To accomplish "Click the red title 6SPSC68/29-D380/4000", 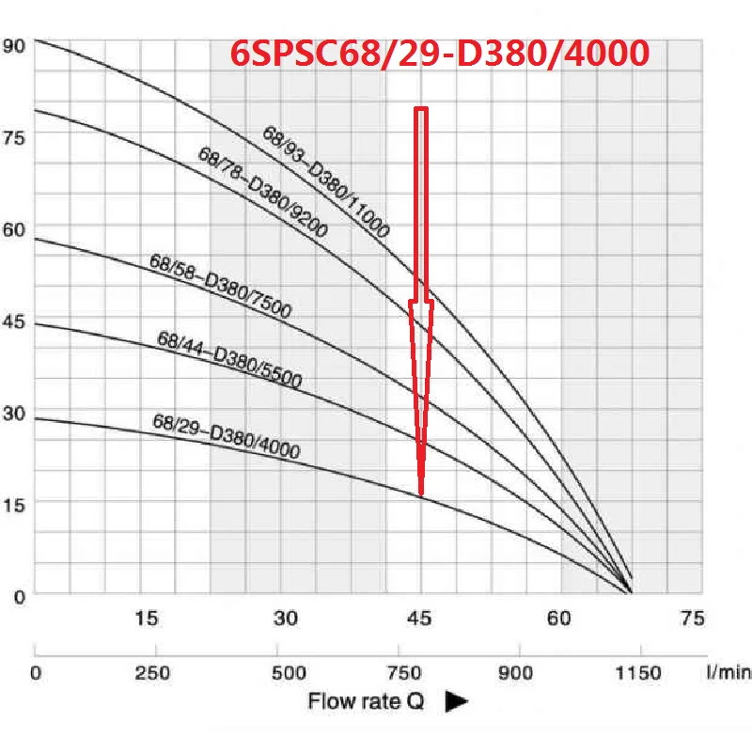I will click(440, 53).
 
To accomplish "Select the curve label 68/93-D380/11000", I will click(326, 180).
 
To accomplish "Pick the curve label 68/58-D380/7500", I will click(221, 286).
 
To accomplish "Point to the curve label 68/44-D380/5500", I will click(229, 360).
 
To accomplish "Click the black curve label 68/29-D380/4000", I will click(227, 437).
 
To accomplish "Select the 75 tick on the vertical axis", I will click(16, 135).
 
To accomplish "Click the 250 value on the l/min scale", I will click(154, 673).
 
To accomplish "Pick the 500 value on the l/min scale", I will click(290, 673).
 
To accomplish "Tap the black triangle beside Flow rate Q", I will click(456, 701).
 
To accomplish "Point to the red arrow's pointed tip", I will click(421, 493).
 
